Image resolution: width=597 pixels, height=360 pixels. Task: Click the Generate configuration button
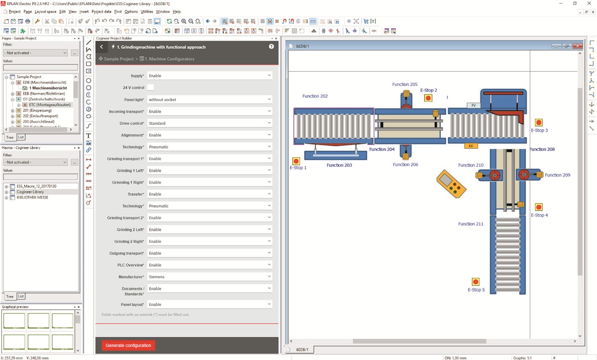[128, 345]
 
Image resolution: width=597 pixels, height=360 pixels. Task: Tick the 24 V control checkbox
[150, 88]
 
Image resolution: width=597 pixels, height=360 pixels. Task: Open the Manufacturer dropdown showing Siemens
[210, 276]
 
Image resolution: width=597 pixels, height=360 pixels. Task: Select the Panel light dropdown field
[210, 99]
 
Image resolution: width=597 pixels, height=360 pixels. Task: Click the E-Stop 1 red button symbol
[296, 161]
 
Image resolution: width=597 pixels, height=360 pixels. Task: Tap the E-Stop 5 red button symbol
[476, 282]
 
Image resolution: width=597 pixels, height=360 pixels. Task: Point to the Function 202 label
[315, 96]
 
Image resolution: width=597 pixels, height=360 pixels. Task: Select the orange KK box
[471, 146]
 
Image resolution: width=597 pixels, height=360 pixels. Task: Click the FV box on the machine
[474, 105]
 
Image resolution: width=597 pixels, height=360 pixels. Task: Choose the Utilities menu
[147, 11]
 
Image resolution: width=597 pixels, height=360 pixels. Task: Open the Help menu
[177, 11]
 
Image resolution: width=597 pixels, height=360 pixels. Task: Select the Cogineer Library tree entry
[30, 191]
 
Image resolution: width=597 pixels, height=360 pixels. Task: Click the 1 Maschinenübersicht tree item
[48, 88]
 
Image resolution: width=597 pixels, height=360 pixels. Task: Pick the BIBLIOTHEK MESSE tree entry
[32, 197]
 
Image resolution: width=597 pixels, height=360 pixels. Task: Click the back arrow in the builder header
[101, 47]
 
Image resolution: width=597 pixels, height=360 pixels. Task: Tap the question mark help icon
[271, 47]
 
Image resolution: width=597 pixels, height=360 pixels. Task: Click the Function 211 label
[471, 224]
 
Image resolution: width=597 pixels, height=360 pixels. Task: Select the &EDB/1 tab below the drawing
[302, 350]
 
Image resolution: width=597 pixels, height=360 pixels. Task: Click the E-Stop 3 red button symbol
[538, 122]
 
